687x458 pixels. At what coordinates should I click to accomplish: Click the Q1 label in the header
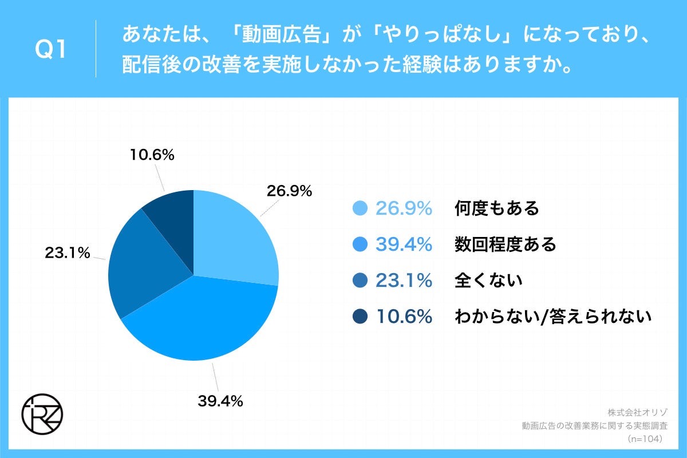(x=51, y=50)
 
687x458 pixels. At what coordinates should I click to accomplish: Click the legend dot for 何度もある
(x=360, y=209)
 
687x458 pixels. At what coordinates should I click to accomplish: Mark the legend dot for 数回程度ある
(x=360, y=244)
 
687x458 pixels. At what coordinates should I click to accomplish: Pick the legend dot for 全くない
(x=360, y=281)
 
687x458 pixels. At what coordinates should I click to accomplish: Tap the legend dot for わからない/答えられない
(x=360, y=316)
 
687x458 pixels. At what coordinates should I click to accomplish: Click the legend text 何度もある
(x=497, y=209)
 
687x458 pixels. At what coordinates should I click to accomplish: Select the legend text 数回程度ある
(x=505, y=244)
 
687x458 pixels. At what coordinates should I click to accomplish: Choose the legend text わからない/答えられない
(x=553, y=316)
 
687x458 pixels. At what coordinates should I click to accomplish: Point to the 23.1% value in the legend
(x=403, y=281)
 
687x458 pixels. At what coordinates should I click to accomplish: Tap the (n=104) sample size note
(x=645, y=439)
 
